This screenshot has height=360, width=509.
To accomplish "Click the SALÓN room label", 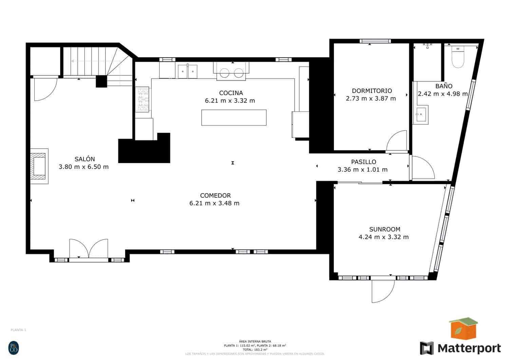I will pos(84,159).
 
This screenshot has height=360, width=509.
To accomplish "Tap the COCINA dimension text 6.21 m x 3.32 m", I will pos(230,100).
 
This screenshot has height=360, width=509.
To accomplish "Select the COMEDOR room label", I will pos(215,195).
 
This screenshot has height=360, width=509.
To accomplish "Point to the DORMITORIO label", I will pos(372,91).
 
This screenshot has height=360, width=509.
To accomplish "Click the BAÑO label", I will pos(444,86).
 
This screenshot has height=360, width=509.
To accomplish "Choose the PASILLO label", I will pos(363,162).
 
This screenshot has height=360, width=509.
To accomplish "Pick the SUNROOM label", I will pos(384,229).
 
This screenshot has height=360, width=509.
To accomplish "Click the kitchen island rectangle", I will pos(233,117).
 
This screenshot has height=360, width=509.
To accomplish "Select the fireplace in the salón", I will pos(39,166).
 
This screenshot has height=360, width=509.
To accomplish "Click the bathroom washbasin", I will pos(421,114).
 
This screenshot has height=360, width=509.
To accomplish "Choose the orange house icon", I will pos(463,328).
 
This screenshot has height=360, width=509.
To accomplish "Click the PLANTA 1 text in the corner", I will pos(18,330).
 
